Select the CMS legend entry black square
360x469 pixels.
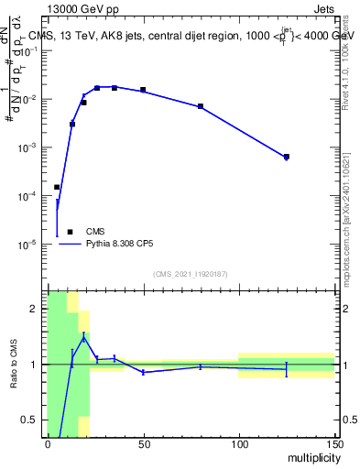tap(70, 233)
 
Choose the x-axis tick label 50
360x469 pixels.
tap(143, 444)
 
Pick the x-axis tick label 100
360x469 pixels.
tap(239, 444)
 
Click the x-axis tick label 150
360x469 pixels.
tap(333, 444)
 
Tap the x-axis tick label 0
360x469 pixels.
tap(48, 444)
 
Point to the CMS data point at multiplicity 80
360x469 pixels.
tap(201, 106)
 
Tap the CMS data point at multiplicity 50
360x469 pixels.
tap(143, 90)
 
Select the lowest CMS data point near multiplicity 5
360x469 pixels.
tap(57, 187)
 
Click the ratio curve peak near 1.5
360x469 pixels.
tap(84, 337)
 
